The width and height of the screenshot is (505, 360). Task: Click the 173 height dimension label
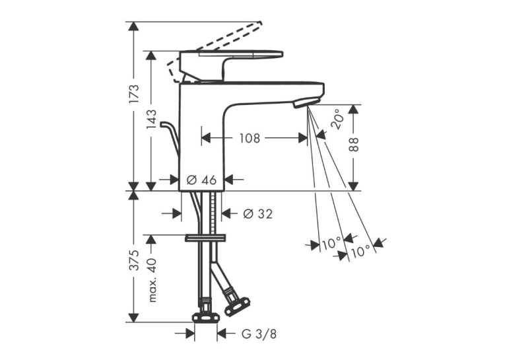click(x=134, y=93)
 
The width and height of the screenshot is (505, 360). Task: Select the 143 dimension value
click(x=151, y=120)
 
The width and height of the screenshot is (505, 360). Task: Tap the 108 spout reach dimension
click(x=250, y=138)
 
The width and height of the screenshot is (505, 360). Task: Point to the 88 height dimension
click(x=354, y=145)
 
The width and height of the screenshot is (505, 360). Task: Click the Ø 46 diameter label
click(x=201, y=180)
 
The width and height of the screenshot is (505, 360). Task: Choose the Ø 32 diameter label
click(x=258, y=213)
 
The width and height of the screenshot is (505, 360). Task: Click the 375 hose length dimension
click(x=134, y=260)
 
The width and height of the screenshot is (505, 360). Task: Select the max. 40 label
click(x=152, y=280)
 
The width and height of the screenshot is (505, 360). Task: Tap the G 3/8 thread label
click(x=259, y=334)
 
